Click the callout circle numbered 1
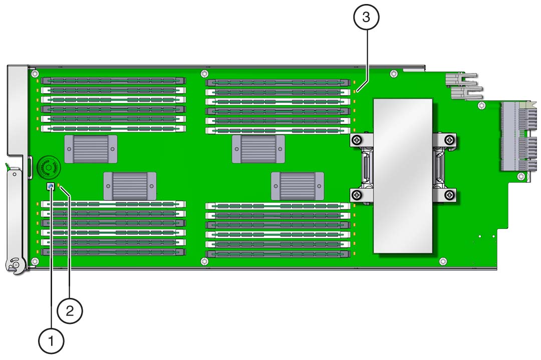51,341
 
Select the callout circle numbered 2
70,311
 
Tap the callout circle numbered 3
366,17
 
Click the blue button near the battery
51,187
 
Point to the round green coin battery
49,167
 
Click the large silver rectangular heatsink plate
403,176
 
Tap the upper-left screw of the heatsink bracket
357,140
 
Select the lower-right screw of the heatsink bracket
449,195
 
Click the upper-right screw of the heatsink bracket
449,140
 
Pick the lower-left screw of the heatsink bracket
357,195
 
